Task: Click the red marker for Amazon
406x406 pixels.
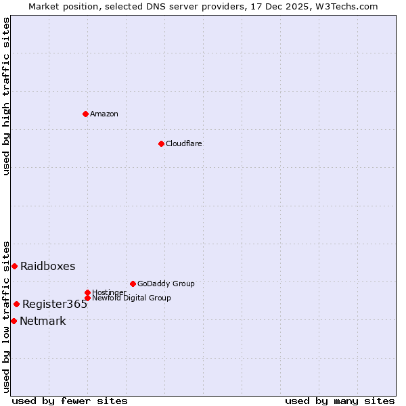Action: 85,114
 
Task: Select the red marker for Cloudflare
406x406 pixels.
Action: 161,143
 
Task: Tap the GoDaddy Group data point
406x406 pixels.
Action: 133,284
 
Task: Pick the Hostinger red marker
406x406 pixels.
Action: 87,292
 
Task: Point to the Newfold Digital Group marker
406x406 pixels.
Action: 87,298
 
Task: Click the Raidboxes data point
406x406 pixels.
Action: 14,266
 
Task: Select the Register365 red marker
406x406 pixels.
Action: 16,304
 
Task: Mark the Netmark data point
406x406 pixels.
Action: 14,321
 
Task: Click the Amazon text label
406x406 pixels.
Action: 104,114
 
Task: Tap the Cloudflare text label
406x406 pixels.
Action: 184,143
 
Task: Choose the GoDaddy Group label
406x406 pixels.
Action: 166,284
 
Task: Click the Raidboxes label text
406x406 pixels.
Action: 48,266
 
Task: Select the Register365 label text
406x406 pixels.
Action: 55,304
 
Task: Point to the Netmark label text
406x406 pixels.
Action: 43,321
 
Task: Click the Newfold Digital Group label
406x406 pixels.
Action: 131,298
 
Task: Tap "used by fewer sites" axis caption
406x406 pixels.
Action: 70,401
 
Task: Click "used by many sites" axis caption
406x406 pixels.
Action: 340,401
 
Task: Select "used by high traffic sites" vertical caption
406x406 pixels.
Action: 6,96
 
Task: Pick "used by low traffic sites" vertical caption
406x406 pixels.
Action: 6,316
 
